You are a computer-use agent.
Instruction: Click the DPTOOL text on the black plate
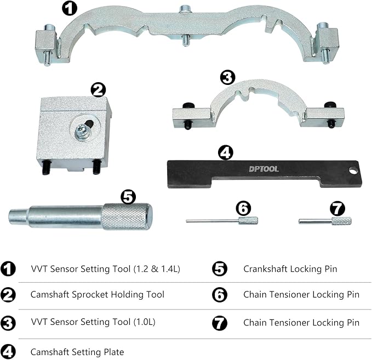coord(262,169)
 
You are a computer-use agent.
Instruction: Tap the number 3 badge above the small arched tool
coord(227,76)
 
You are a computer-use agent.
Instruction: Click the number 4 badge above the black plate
coord(225,152)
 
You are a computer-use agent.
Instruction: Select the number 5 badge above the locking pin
coord(127,195)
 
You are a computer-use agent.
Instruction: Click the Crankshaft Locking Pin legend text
coord(290,269)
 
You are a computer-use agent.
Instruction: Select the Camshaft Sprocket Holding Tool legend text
coord(97,294)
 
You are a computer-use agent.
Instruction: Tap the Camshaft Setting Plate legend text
coord(77,352)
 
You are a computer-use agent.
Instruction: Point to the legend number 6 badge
coord(219,294)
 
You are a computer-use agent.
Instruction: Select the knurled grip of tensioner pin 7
coord(341,221)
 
